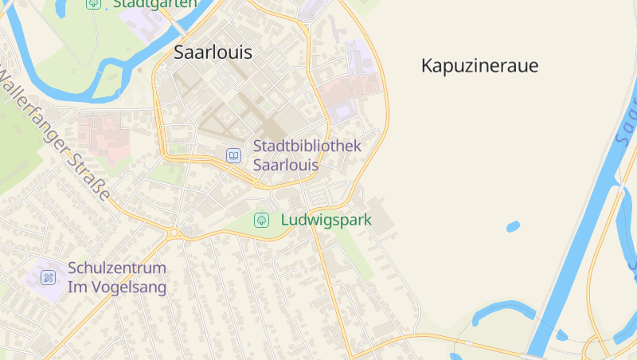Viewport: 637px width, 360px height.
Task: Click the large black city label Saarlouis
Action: coord(213,53)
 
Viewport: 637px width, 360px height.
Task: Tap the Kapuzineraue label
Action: coord(479,66)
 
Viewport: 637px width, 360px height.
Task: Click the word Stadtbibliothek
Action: coord(307,147)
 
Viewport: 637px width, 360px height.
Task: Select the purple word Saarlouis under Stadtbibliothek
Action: coord(286,166)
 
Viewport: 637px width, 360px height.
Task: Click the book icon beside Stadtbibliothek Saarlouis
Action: coord(233,155)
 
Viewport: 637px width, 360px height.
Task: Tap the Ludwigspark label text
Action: coord(326,220)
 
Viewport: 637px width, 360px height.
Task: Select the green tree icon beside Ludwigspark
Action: coord(261,220)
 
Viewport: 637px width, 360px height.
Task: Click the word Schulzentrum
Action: coord(117,268)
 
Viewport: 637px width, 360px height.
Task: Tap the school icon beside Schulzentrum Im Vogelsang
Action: coord(49,277)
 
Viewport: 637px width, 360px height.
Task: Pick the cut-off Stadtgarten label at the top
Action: coord(154,4)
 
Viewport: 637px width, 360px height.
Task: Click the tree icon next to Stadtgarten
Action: coord(94,3)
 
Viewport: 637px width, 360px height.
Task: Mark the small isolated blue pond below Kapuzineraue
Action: coord(513,227)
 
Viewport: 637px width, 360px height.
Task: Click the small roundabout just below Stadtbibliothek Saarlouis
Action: coord(257,184)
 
